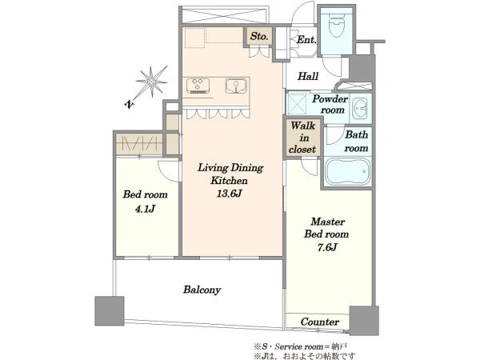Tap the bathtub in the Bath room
point(348,171)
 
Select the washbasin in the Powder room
point(360,109)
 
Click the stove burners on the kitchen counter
point(198,86)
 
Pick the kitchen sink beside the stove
point(236,86)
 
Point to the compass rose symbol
point(152,82)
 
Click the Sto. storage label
point(259,36)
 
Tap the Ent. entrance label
point(306,39)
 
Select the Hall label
point(308,76)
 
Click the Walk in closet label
point(302,138)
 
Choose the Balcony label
point(202,290)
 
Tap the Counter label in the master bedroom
point(319,322)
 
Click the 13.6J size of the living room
point(230,194)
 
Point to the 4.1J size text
point(145,209)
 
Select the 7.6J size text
point(327,247)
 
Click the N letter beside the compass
point(130,104)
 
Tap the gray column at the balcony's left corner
point(110,311)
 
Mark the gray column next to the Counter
point(364,321)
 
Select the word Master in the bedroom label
point(327,222)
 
